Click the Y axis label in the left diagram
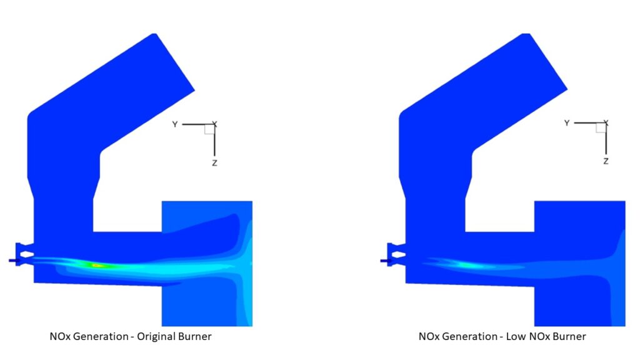click(175, 124)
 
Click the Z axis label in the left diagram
click(215, 163)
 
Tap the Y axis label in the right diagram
click(566, 123)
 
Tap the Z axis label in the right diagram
click(606, 161)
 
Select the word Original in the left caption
click(154, 336)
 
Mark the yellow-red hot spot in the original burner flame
click(97, 265)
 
